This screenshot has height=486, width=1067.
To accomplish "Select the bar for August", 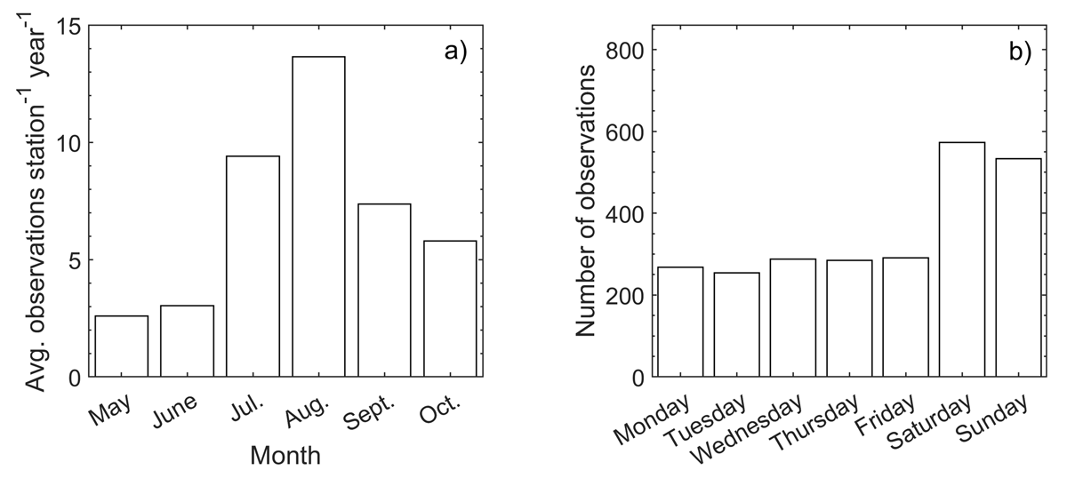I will [318, 217].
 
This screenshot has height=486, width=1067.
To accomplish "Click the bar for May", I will [121, 347].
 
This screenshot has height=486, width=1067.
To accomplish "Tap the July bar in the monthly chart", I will [253, 267].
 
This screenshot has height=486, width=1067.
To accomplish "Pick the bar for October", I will [450, 309].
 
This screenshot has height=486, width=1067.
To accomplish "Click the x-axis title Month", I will [285, 457].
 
